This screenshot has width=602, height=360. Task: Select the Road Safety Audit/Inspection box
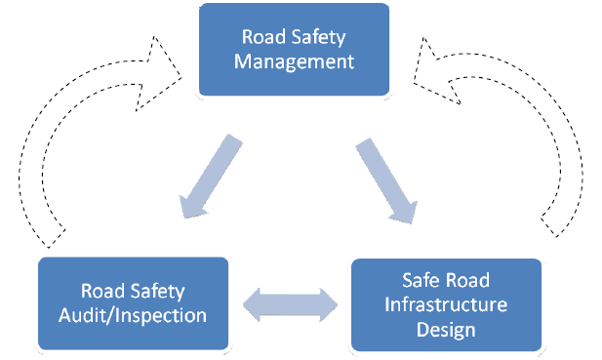132,302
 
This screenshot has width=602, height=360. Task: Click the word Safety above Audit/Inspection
161,291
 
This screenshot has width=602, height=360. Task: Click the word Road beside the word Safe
465,280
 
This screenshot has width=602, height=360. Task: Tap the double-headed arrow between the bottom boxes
290,304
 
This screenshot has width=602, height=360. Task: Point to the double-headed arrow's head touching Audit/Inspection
253,304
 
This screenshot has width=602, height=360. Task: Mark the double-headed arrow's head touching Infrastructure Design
327,304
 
